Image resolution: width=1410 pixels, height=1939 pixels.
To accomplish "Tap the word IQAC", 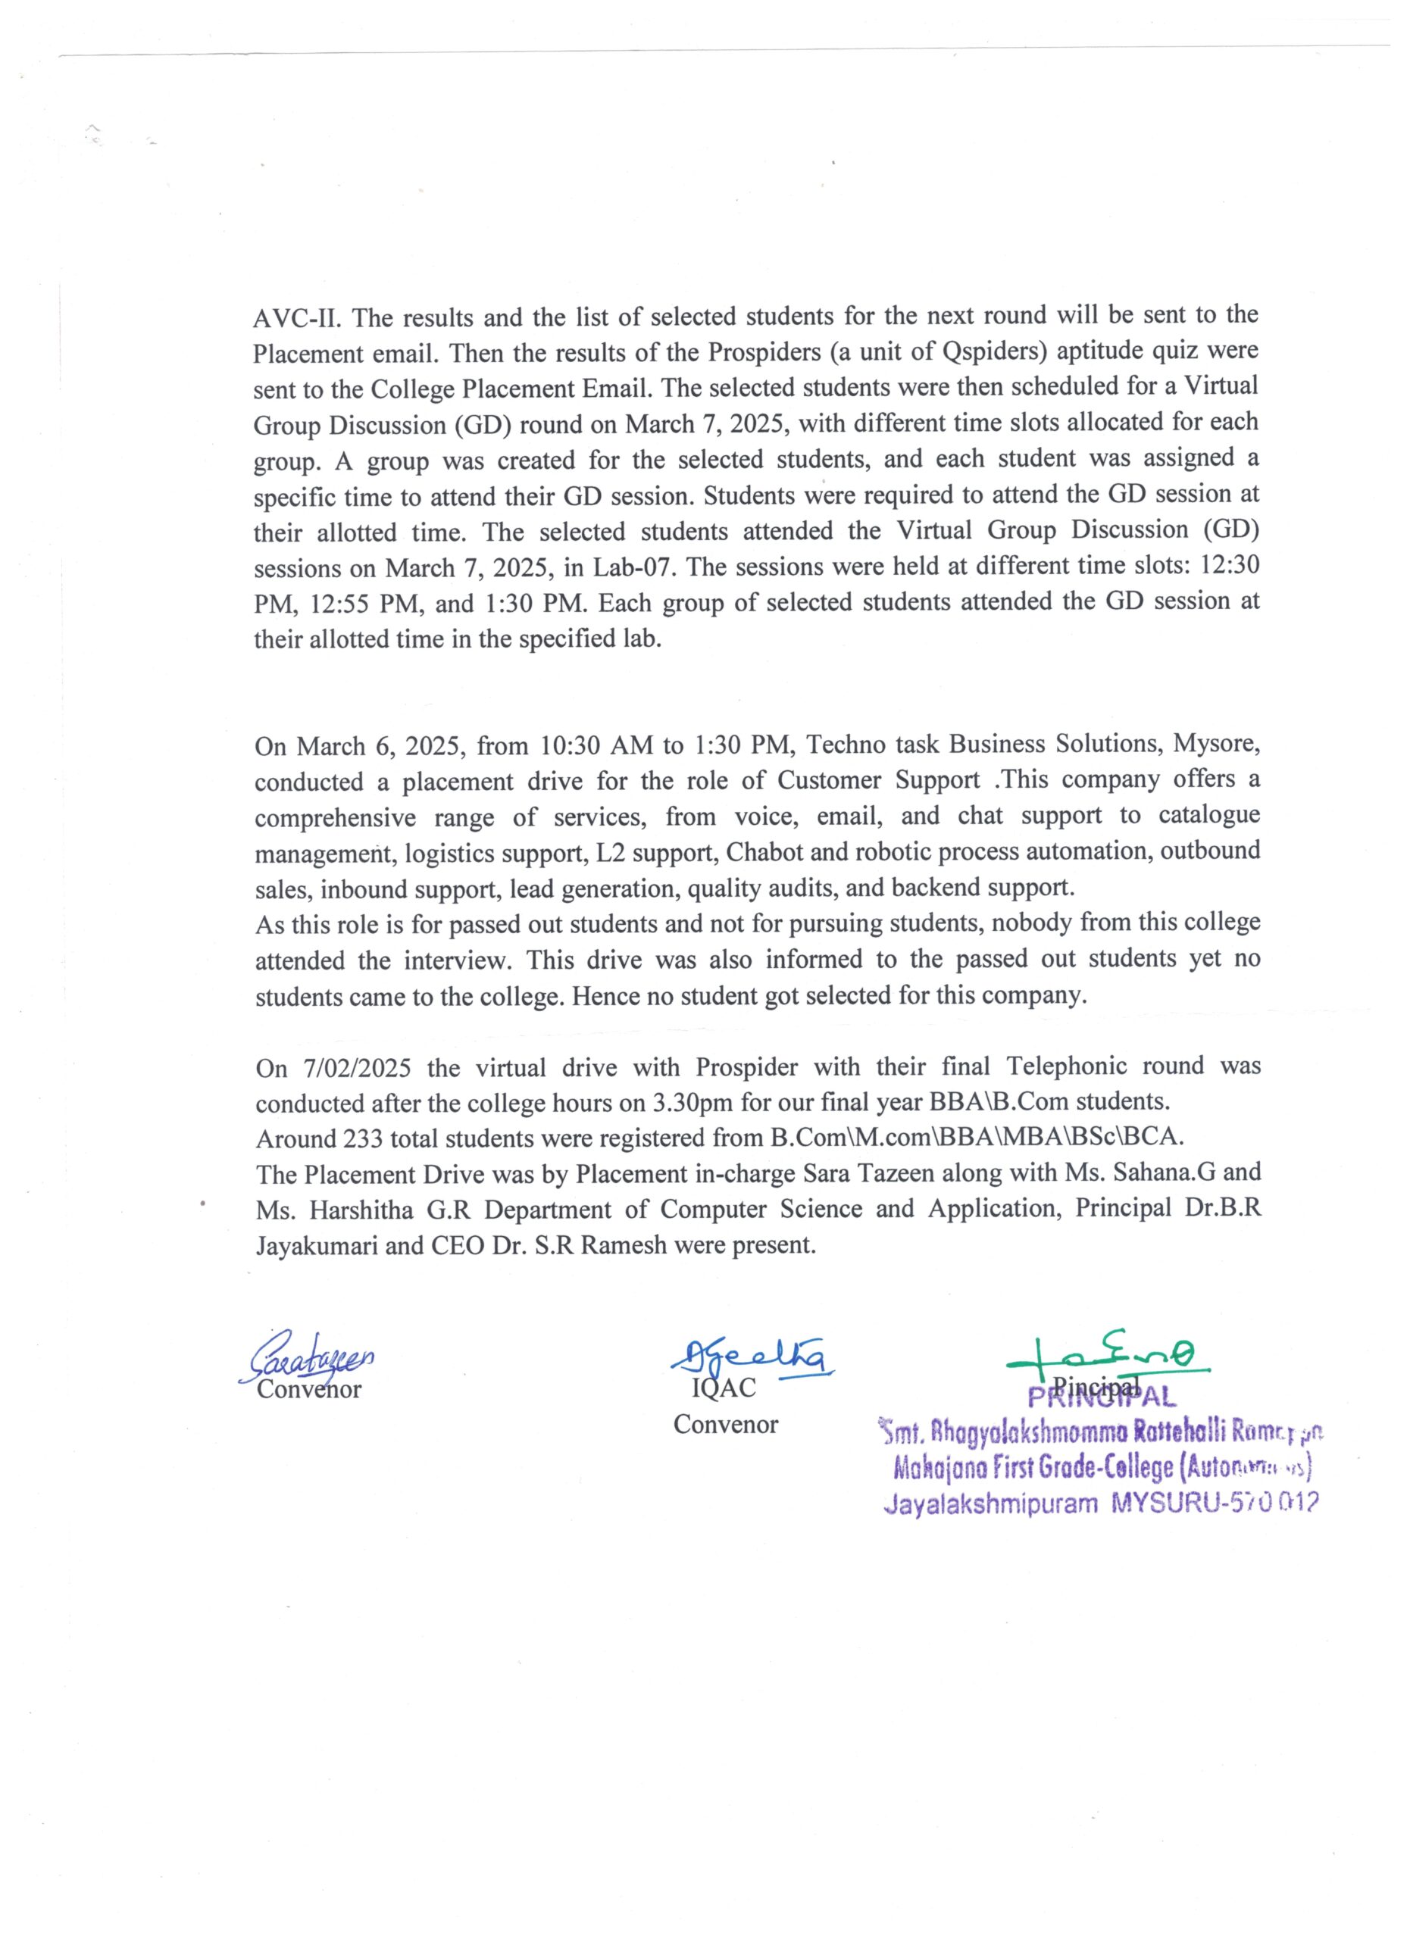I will (724, 1388).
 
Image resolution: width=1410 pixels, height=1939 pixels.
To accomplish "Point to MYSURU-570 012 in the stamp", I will (1215, 1503).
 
